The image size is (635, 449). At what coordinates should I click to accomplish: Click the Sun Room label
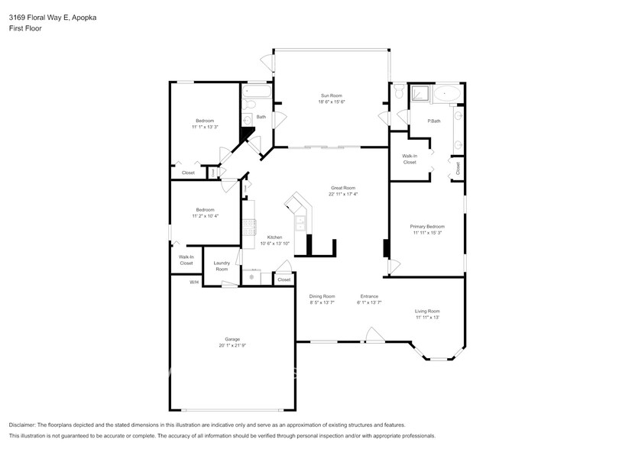pyautogui.click(x=332, y=95)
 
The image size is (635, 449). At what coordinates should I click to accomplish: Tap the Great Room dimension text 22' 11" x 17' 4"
pyautogui.click(x=343, y=194)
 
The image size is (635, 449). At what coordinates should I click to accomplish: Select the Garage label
pyautogui.click(x=232, y=339)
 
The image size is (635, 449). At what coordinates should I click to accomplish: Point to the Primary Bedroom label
pyautogui.click(x=427, y=227)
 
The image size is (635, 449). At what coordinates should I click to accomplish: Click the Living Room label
pyautogui.click(x=427, y=311)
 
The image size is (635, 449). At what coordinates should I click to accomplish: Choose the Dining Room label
pyautogui.click(x=322, y=296)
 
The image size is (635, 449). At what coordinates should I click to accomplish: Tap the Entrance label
pyautogui.click(x=369, y=296)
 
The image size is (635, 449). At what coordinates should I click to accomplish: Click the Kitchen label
pyautogui.click(x=275, y=237)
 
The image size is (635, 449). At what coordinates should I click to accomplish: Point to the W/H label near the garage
pyautogui.click(x=194, y=283)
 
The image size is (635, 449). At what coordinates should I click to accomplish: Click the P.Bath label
pyautogui.click(x=433, y=121)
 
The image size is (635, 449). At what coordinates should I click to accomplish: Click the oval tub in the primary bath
pyautogui.click(x=447, y=95)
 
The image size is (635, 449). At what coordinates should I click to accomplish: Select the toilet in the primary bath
pyautogui.click(x=398, y=92)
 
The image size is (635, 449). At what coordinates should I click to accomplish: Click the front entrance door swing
pyautogui.click(x=373, y=334)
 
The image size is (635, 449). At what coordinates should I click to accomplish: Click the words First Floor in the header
pyautogui.click(x=25, y=28)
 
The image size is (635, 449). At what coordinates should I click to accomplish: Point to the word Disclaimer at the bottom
pyautogui.click(x=27, y=425)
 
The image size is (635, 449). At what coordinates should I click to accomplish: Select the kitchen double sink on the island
pyautogui.click(x=301, y=223)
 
